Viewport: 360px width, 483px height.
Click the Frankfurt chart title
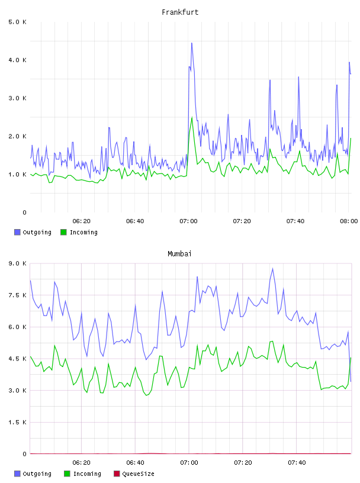[x=180, y=12]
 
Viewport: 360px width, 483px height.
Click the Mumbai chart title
[x=179, y=254]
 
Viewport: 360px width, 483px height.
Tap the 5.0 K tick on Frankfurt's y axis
[x=17, y=22]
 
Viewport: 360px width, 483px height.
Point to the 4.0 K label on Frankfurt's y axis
[x=17, y=60]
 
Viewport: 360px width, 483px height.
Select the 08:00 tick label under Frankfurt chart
[x=349, y=221]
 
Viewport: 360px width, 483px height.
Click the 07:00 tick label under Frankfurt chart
[x=188, y=221]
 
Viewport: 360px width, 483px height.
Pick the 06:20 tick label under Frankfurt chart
[x=81, y=221]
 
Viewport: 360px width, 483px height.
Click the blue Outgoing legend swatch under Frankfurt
[x=17, y=232]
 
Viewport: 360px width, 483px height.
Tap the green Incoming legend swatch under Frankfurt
[x=63, y=232]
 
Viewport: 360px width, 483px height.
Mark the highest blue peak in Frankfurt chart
[x=192, y=43]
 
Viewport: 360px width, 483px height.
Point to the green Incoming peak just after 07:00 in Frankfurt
[x=192, y=117]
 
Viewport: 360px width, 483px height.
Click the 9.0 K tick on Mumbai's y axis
[x=17, y=263]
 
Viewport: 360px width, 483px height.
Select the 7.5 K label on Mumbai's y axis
[x=17, y=295]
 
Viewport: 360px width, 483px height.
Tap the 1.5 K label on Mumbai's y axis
[x=17, y=422]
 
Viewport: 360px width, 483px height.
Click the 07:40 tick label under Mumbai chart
[x=297, y=463]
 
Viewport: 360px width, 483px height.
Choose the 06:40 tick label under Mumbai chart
[x=135, y=463]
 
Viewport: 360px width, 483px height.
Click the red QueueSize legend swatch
[x=117, y=474]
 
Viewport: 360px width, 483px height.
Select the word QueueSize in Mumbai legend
[x=138, y=474]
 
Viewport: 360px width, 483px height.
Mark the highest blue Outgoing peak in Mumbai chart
[x=272, y=269]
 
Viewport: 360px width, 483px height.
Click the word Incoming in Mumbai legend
[x=87, y=474]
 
